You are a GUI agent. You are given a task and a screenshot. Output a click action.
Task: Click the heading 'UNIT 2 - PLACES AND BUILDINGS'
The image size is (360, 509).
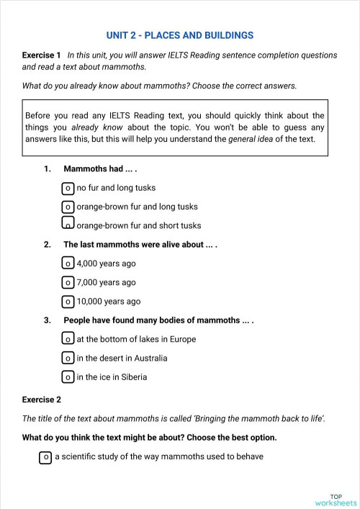tap(179, 35)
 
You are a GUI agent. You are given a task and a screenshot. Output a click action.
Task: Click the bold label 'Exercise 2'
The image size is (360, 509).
tap(42, 399)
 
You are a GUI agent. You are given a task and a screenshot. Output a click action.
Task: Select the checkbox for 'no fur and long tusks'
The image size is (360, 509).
tap(68, 189)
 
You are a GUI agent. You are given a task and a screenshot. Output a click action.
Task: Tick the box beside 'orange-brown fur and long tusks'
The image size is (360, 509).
tap(68, 207)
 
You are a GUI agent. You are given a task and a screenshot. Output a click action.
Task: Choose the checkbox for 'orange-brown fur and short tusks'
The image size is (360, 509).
tap(68, 225)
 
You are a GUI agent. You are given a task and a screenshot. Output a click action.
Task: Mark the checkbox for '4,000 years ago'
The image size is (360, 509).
tap(68, 263)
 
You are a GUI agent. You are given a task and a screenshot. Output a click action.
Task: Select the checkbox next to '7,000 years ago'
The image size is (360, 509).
tap(68, 282)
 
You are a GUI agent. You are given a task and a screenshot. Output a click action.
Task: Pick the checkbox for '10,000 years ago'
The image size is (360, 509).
tap(68, 301)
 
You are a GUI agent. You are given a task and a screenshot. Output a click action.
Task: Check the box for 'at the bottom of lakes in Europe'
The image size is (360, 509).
tap(68, 339)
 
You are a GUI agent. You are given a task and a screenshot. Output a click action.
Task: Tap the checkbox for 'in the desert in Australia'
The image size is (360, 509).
tap(68, 358)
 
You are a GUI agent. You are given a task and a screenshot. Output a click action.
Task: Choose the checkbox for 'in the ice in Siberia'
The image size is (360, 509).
tap(68, 377)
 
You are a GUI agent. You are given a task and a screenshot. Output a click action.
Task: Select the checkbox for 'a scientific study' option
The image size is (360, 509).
tap(45, 456)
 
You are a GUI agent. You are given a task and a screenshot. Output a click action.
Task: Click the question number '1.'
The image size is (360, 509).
tap(48, 169)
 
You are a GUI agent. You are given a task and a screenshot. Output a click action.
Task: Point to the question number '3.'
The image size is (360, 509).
tap(48, 320)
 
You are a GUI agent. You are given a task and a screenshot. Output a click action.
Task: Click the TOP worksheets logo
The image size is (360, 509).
tap(335, 499)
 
